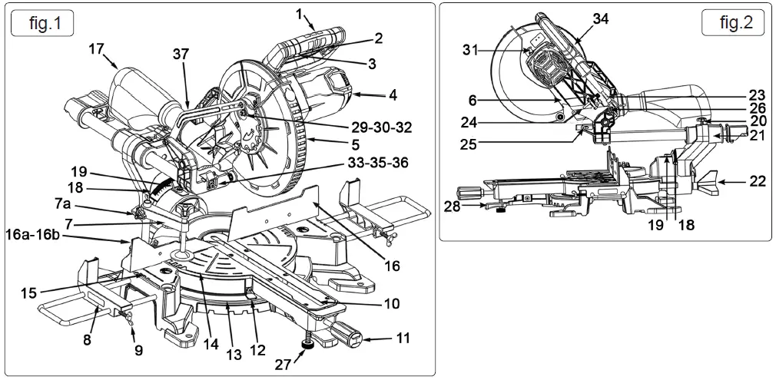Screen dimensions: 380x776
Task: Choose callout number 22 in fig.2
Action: tap(757, 182)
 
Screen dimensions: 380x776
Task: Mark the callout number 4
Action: tap(392, 96)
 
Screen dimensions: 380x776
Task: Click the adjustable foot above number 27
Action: tap(308, 343)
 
